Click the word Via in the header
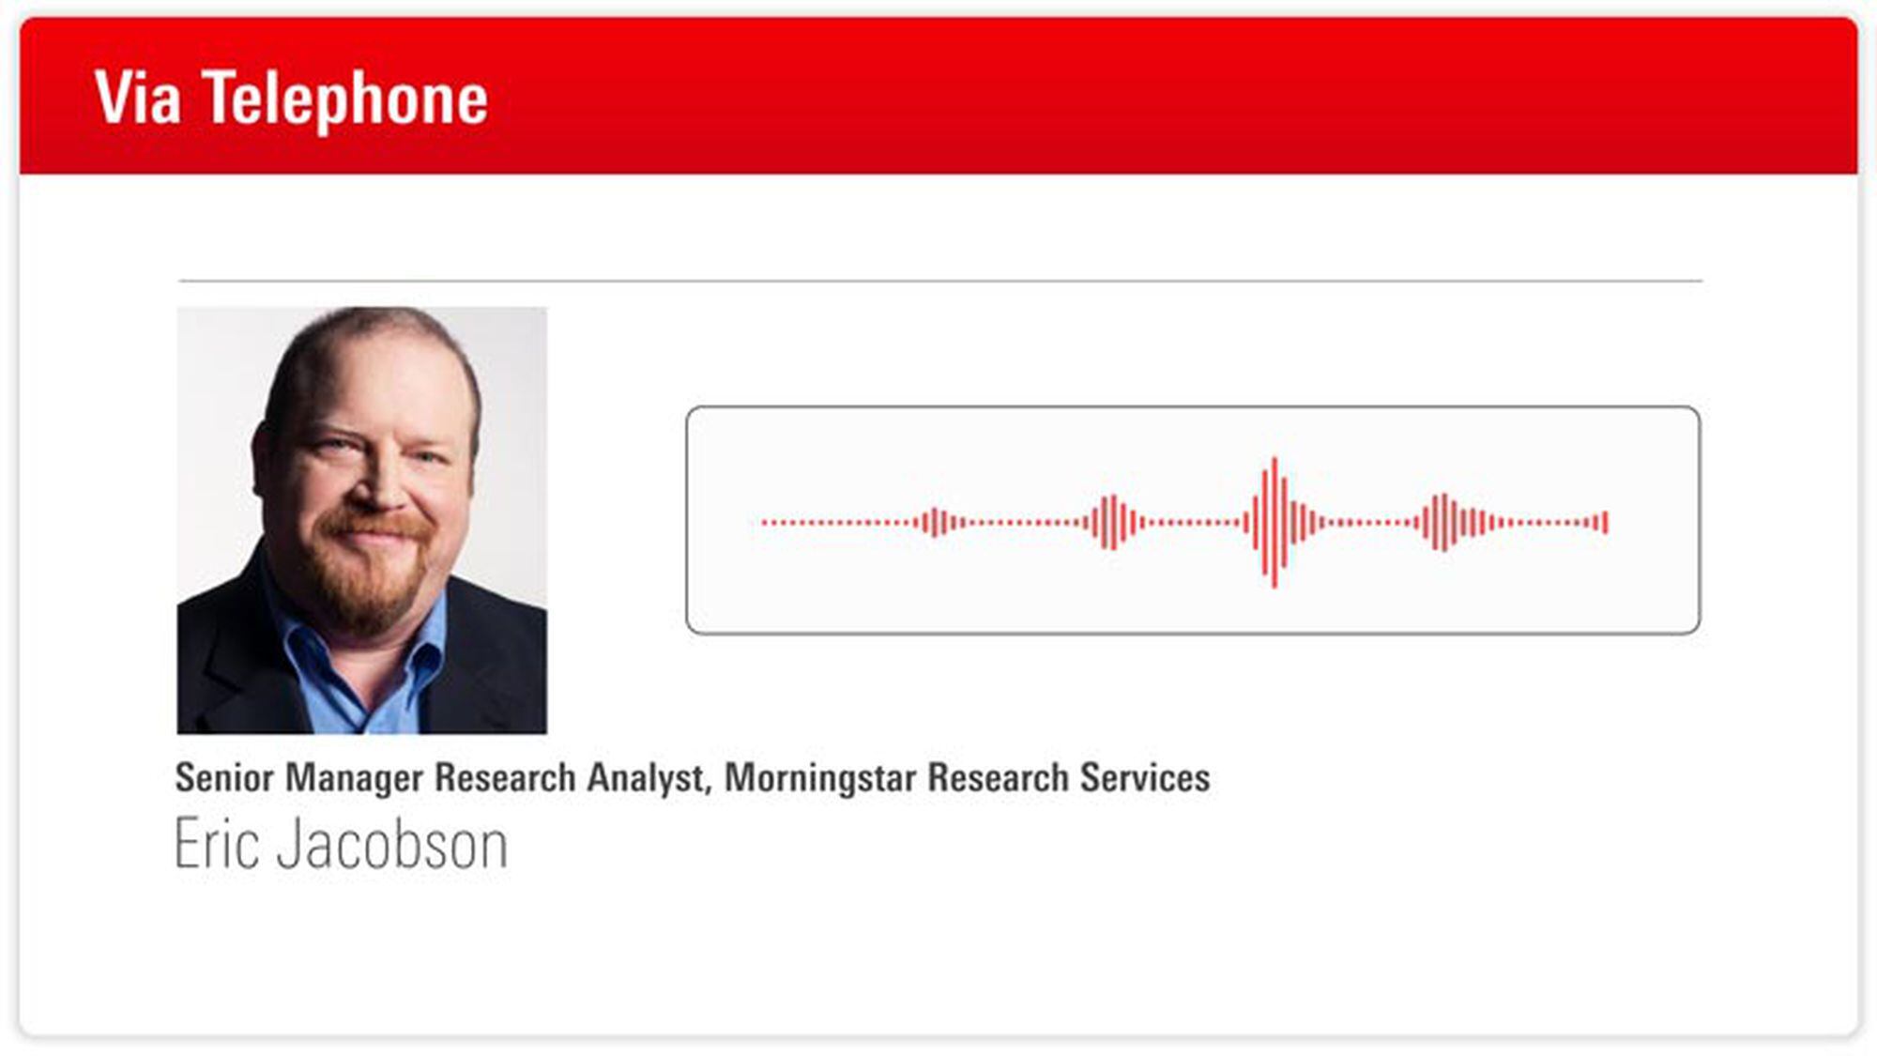(137, 98)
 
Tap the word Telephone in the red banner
(345, 99)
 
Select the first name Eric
(217, 845)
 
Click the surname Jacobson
(392, 845)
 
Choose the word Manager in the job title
(354, 778)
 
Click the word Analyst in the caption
(645, 778)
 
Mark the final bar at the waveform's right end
(1606, 522)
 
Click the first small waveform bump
(935, 522)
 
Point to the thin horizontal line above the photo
(938, 280)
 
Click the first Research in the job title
(505, 778)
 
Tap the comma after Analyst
(708, 788)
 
